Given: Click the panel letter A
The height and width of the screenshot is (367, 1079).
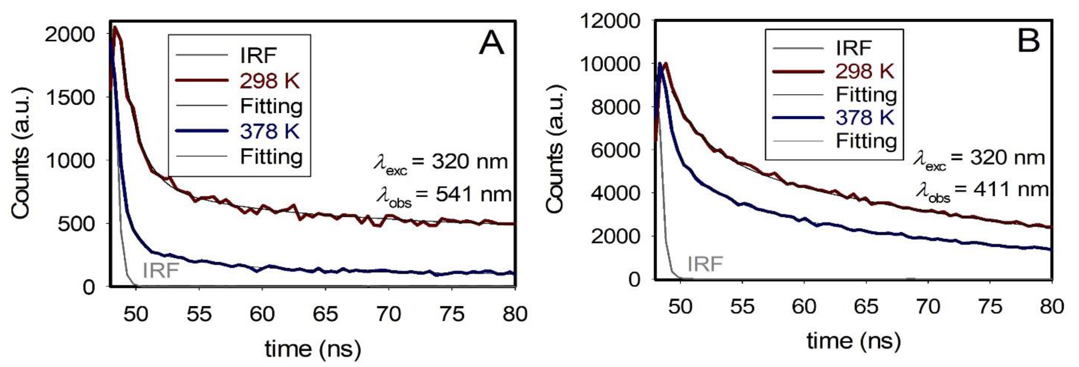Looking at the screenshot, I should (491, 44).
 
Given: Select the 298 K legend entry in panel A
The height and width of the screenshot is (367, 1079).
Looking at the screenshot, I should (269, 80).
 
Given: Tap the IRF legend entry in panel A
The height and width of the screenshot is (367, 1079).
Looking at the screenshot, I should (258, 55).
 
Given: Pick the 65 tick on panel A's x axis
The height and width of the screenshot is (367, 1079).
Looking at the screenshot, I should (325, 314).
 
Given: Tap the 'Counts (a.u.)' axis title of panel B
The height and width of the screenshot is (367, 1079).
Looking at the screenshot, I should (556, 149).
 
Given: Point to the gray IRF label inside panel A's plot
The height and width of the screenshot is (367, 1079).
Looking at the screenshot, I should (160, 270).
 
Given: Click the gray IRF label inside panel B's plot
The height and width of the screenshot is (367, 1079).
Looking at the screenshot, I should (705, 264).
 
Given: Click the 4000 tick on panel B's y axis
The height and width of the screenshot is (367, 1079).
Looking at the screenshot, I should (616, 193).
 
